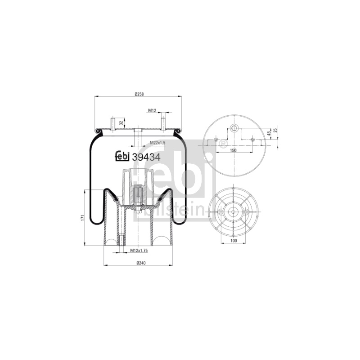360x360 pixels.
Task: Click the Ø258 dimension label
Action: (139, 94)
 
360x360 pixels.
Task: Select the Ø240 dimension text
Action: (141, 263)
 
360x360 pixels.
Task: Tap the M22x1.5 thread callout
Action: (157, 143)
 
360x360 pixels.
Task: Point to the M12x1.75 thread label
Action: (139, 251)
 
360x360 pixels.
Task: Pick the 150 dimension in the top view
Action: (233, 150)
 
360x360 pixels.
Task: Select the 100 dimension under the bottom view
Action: (233, 241)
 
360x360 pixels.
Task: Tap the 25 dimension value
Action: (275, 130)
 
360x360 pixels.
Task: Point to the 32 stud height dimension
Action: (121, 123)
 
